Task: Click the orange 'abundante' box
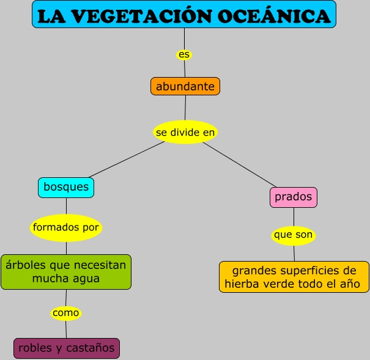(x=185, y=86)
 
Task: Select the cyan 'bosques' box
(x=66, y=187)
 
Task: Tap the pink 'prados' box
(x=294, y=197)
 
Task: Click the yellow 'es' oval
(x=184, y=54)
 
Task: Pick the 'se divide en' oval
(x=185, y=132)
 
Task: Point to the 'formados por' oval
(x=65, y=227)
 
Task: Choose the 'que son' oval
(x=293, y=235)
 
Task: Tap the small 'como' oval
(x=65, y=313)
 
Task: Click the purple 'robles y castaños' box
(x=67, y=348)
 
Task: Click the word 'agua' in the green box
(x=86, y=279)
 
